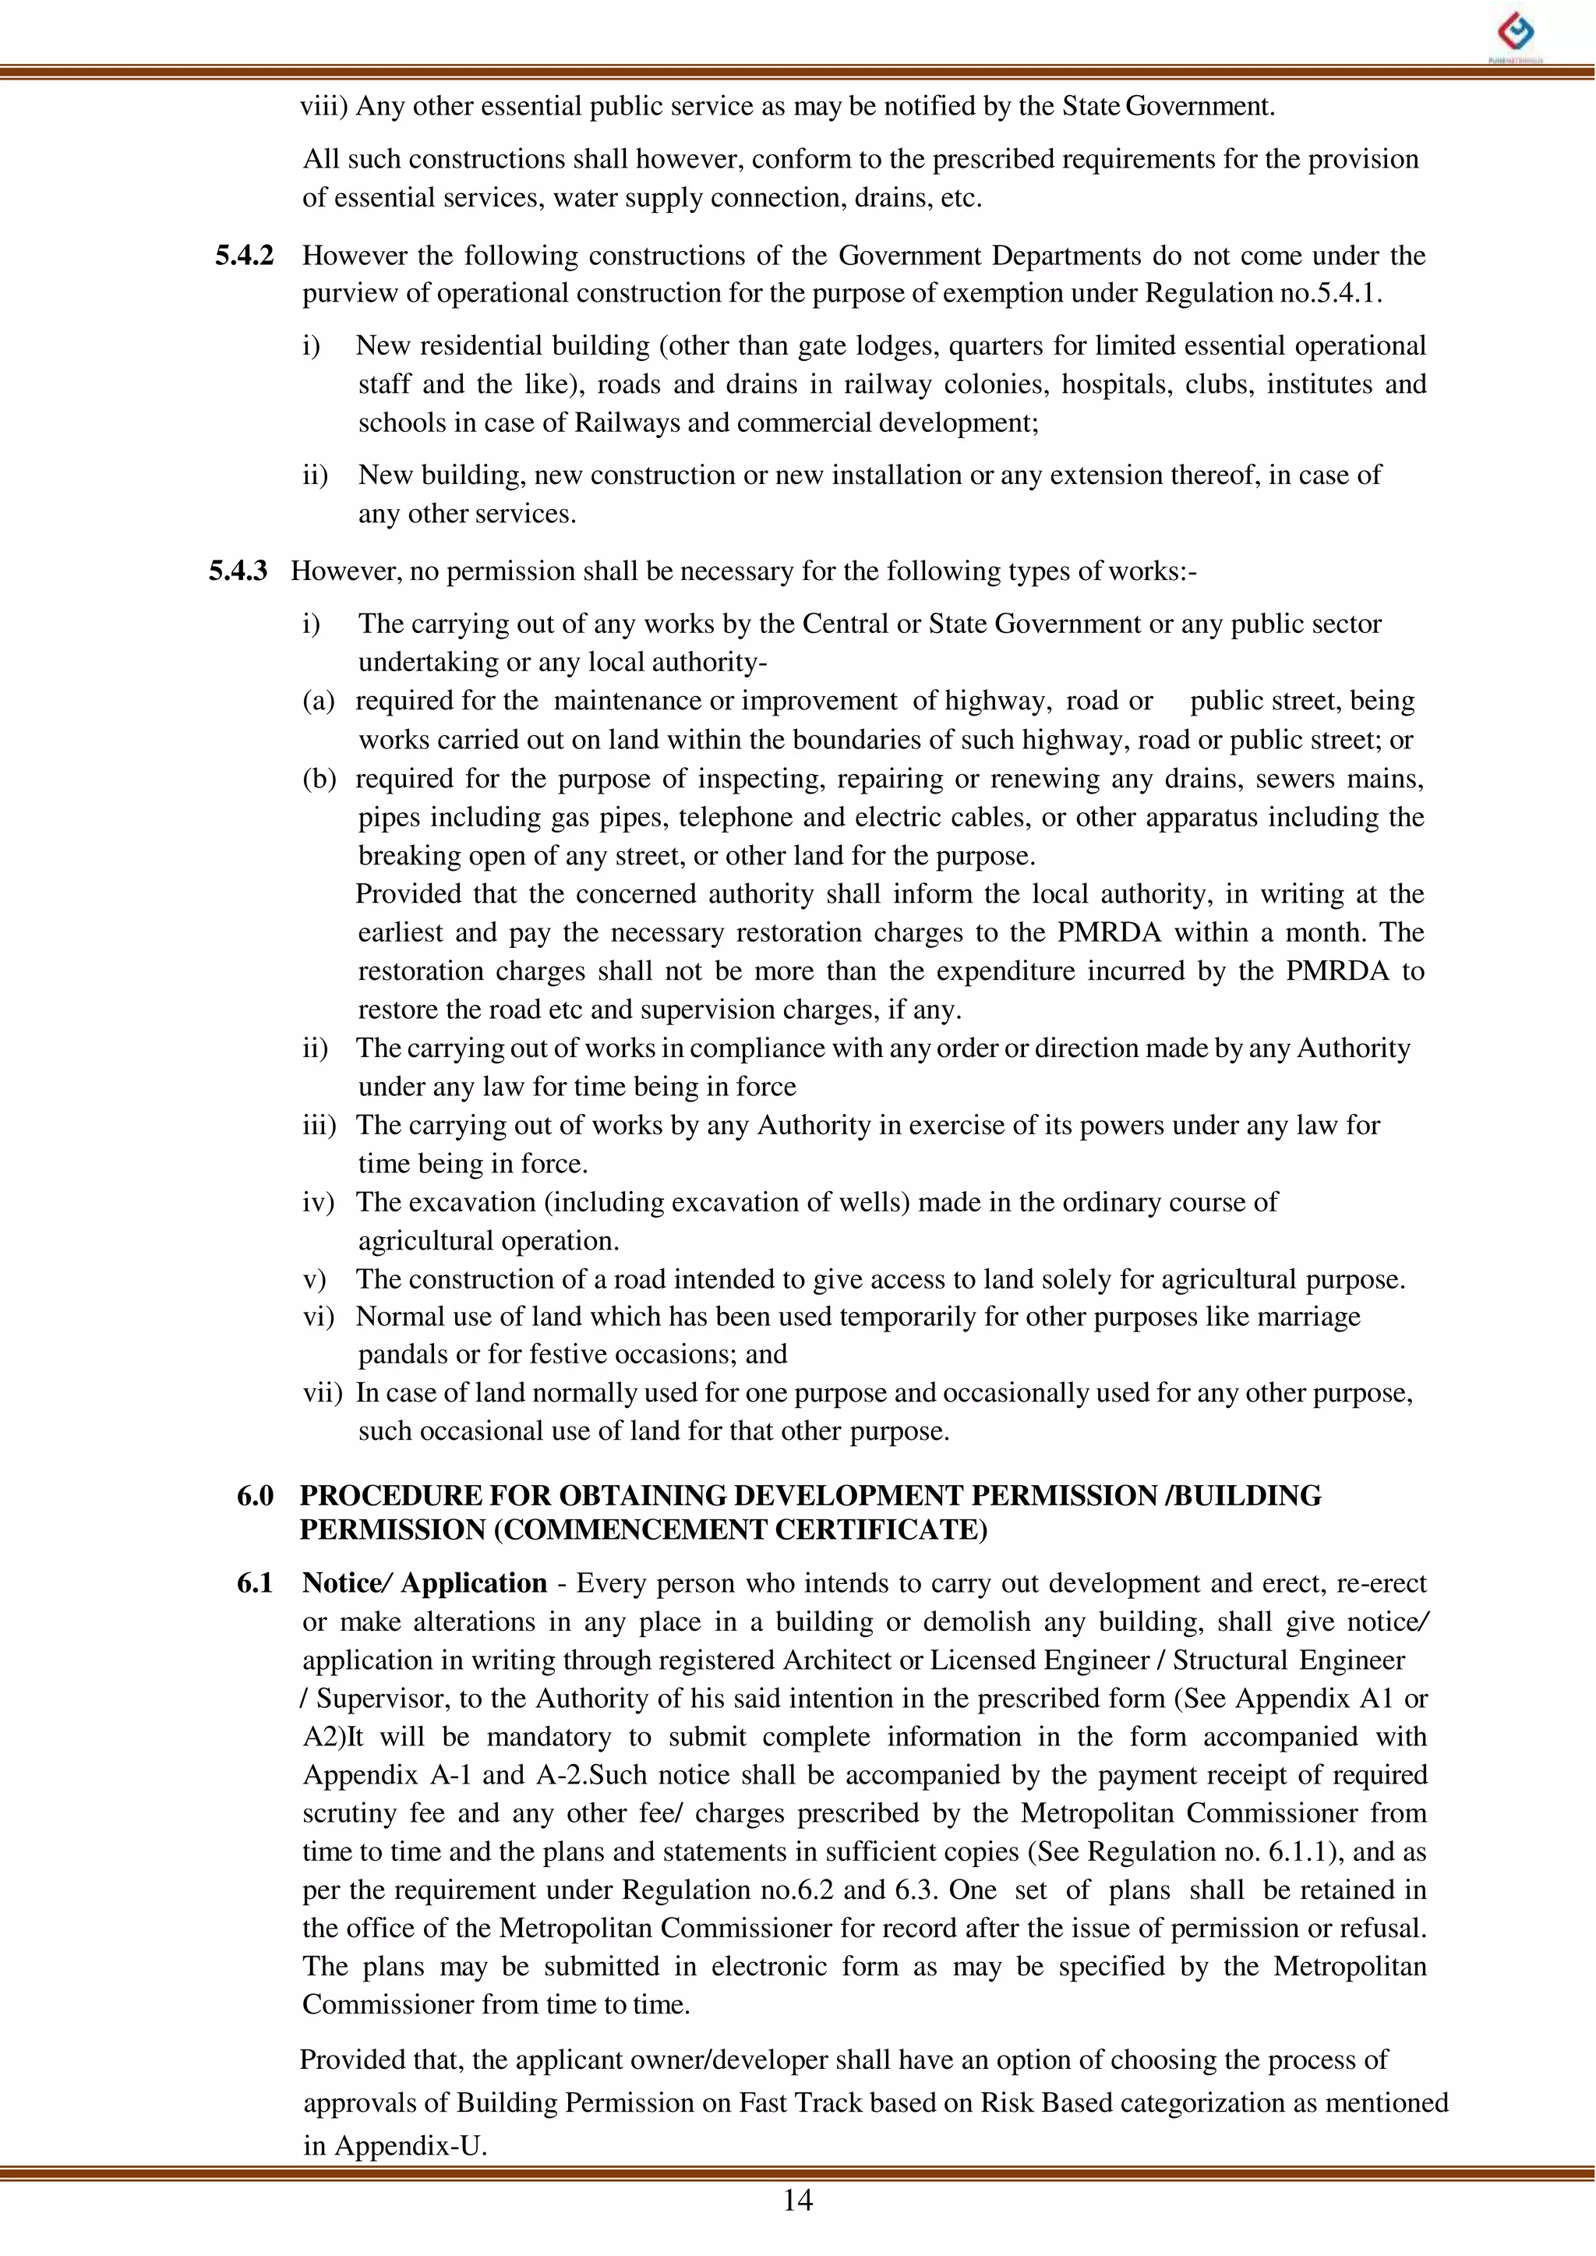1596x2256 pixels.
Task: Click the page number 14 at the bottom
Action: [797, 2200]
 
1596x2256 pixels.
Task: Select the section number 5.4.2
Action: [244, 256]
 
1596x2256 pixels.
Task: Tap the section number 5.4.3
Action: [238, 571]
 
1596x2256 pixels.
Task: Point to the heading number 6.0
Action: [255, 1496]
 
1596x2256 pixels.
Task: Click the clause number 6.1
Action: [255, 1582]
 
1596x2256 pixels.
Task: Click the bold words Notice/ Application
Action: [425, 1582]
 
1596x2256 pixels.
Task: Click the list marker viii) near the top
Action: [324, 106]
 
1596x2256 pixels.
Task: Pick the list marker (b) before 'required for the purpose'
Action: [320, 779]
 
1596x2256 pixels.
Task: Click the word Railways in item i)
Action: [624, 423]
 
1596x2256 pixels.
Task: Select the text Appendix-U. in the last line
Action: [411, 2145]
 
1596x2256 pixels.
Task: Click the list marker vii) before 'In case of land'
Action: [323, 1393]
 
